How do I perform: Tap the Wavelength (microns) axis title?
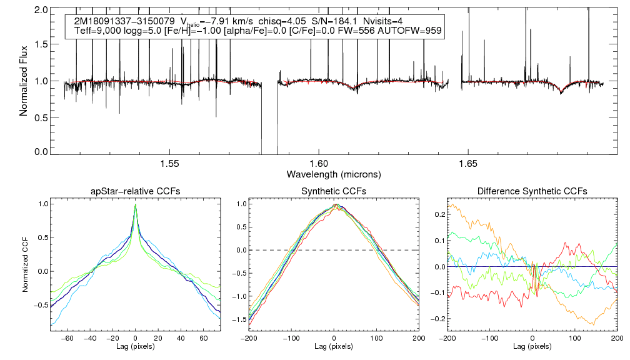pyautogui.click(x=334, y=174)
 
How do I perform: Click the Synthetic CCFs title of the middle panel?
pyautogui.click(x=334, y=191)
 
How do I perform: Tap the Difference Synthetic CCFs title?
pyautogui.click(x=532, y=191)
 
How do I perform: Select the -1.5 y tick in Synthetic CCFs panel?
pyautogui.click(x=239, y=319)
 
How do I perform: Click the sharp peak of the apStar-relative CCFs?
pyautogui.click(x=136, y=204)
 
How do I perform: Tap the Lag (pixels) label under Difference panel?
pyautogui.click(x=532, y=346)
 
